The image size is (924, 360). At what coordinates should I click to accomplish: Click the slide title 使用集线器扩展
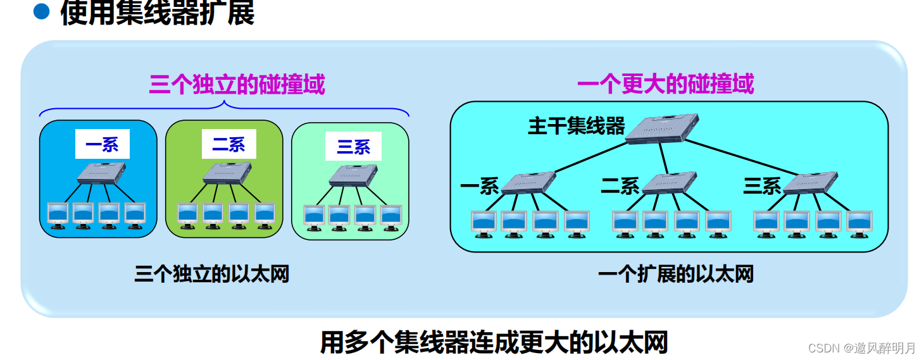pyautogui.click(x=157, y=13)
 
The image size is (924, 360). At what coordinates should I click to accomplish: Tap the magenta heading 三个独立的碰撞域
pyautogui.click(x=237, y=84)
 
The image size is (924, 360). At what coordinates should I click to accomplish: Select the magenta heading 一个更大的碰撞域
pyautogui.click(x=665, y=84)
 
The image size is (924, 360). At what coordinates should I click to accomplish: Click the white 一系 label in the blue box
pyautogui.click(x=102, y=144)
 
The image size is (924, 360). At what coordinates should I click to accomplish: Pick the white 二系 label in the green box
pyautogui.click(x=228, y=144)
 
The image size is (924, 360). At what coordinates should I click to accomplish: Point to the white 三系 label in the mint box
pyautogui.click(x=353, y=146)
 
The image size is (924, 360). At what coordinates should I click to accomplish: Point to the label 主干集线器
pyautogui.click(x=576, y=126)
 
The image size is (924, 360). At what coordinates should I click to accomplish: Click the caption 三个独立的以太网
pyautogui.click(x=211, y=275)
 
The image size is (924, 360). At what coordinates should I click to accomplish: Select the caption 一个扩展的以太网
pyautogui.click(x=676, y=275)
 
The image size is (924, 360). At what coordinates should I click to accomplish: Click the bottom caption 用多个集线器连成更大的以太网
pyautogui.click(x=494, y=343)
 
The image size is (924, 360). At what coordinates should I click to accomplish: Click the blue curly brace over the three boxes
pyautogui.click(x=224, y=108)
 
